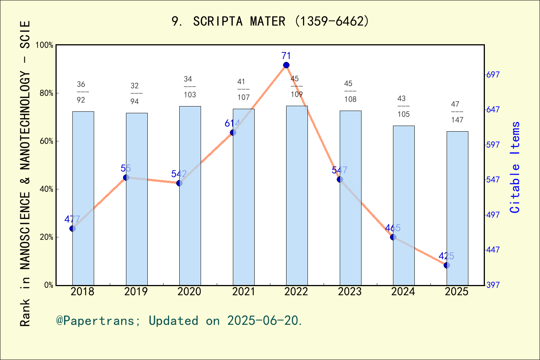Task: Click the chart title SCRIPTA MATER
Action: coord(270,21)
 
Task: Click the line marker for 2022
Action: coord(286,65)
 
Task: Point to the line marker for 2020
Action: coord(179,183)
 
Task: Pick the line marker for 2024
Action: coord(393,237)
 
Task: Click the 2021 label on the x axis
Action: coord(243,291)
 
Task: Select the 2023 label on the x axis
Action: coord(350,291)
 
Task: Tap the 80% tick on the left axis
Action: coord(46,93)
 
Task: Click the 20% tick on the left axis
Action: coord(46,237)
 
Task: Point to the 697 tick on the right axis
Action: coord(493,75)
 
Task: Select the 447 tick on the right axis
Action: coord(493,250)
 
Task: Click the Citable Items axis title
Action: coord(515,167)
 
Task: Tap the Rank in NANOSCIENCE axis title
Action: coord(25,173)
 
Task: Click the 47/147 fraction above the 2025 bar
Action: coord(457,112)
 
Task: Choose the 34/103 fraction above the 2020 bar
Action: coord(189,87)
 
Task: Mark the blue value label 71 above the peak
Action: coord(286,56)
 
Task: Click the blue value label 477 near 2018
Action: coord(72,219)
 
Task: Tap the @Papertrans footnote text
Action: coord(179,321)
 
